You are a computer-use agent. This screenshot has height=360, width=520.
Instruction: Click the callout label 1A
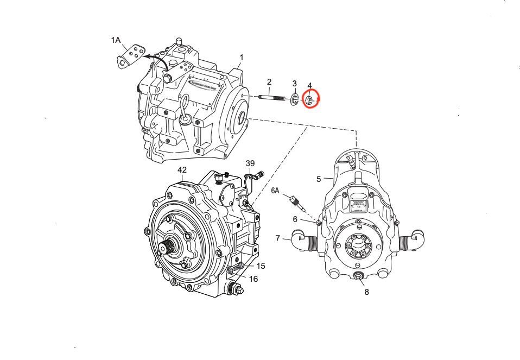coord(116,40)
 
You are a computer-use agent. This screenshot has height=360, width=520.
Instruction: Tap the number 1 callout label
coord(242,58)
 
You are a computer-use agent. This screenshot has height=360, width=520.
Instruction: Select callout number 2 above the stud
coord(269,82)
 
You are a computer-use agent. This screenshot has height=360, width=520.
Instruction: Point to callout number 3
coord(295,84)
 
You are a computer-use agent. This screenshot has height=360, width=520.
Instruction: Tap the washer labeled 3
coord(294,99)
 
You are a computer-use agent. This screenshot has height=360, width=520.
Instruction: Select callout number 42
coord(182,170)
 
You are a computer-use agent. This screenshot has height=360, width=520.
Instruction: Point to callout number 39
coord(250,163)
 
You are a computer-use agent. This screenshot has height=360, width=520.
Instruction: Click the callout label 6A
coord(276,191)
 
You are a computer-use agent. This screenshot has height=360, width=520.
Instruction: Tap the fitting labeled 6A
coord(297,201)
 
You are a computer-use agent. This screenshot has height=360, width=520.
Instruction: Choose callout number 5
coord(319,179)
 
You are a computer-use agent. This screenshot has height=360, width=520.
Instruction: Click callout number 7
coord(277,238)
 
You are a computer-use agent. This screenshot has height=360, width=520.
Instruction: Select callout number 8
coord(366,292)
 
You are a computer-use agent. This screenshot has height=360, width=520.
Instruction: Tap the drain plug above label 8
coord(359,278)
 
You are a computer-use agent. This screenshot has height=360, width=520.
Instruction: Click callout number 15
coord(261,266)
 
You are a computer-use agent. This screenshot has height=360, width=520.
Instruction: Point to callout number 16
coord(253,279)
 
